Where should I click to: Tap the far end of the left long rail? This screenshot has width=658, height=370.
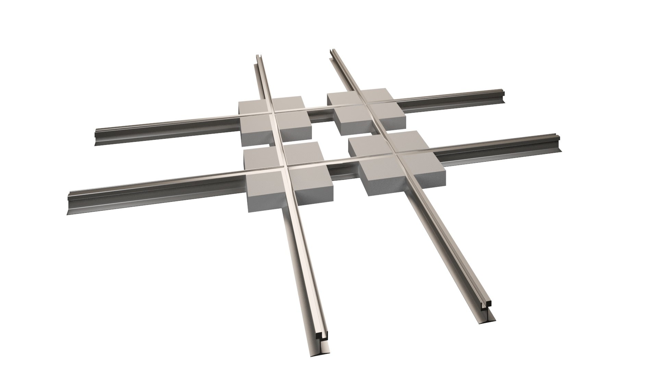(x=258, y=57)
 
